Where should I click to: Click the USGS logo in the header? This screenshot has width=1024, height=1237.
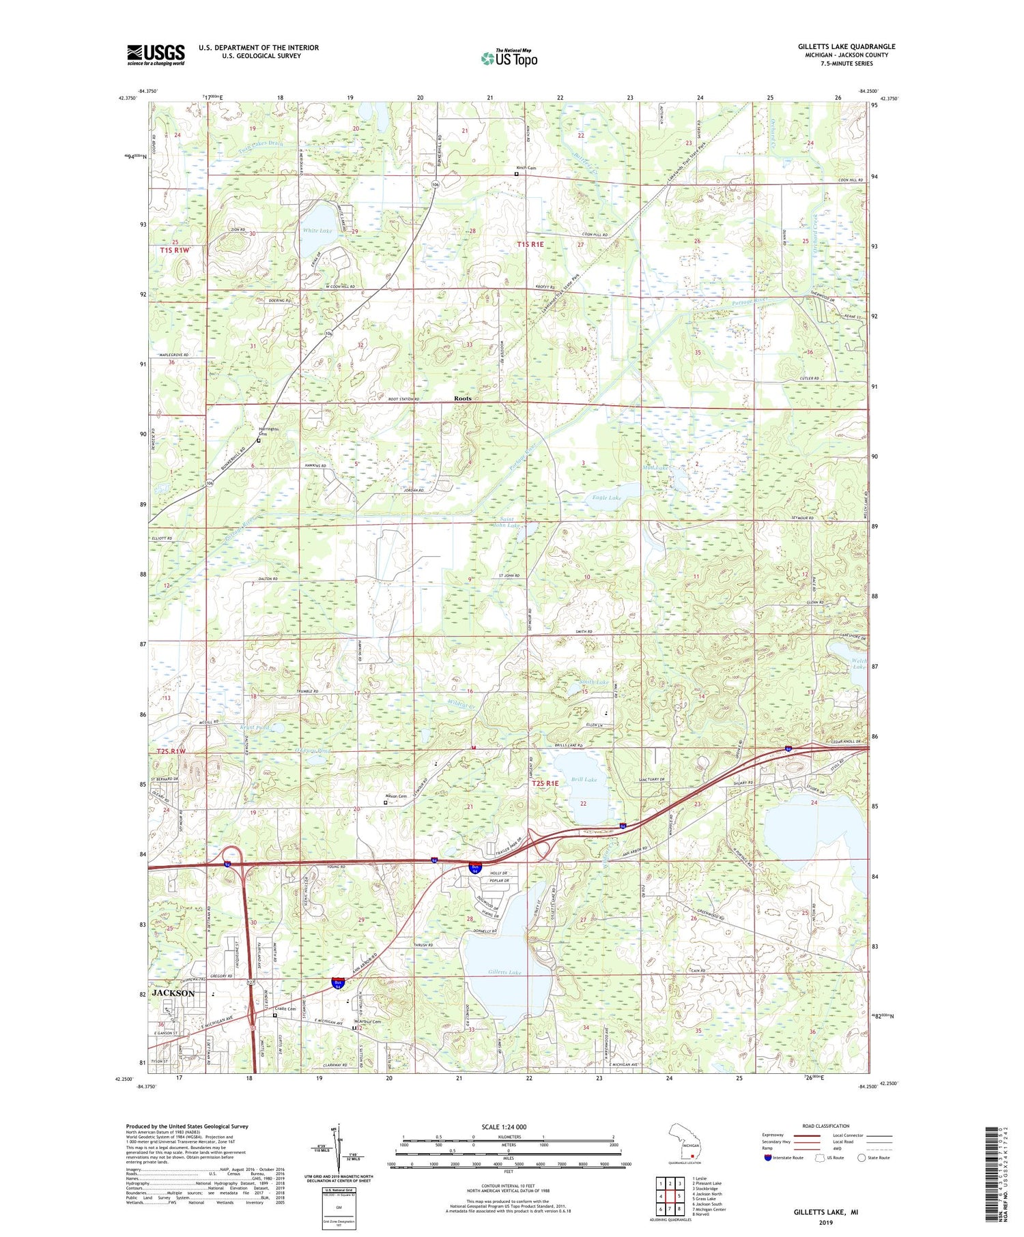click(x=156, y=55)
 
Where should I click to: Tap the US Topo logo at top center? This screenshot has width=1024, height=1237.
click(x=509, y=59)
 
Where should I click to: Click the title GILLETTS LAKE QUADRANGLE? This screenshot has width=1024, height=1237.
click(x=847, y=46)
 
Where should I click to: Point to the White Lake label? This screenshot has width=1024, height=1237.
click(x=317, y=231)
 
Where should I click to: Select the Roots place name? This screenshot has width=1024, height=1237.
click(x=463, y=398)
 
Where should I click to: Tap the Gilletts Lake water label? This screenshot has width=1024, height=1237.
click(x=505, y=972)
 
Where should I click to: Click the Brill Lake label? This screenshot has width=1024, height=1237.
click(x=584, y=779)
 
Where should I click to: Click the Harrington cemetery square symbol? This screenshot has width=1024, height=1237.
click(x=259, y=441)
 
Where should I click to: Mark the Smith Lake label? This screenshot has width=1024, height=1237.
click(x=593, y=682)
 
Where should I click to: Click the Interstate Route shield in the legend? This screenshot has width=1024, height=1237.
click(x=769, y=1158)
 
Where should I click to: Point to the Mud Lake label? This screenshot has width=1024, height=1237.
click(x=653, y=469)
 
